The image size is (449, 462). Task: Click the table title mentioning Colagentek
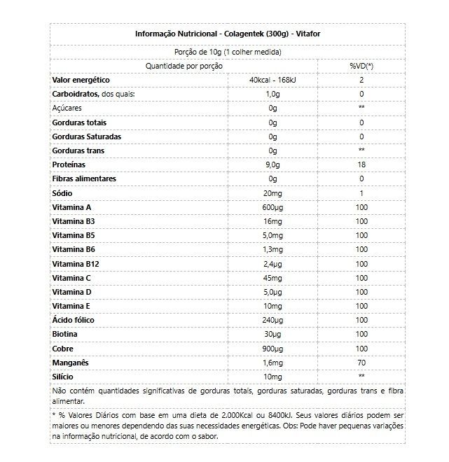tap(228, 34)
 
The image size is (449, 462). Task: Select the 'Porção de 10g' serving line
tap(228, 51)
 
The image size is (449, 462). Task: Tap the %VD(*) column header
tap(361, 65)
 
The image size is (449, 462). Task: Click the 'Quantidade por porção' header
tap(184, 65)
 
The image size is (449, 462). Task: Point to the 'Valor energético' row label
tap(81, 80)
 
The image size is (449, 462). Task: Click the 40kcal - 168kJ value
tap(273, 80)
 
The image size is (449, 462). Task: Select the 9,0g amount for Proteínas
tap(273, 164)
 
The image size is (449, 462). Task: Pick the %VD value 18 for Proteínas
tap(361, 164)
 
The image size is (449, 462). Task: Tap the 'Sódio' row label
tap(62, 193)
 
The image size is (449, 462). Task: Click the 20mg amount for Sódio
tap(273, 193)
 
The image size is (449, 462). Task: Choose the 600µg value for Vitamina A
tap(273, 207)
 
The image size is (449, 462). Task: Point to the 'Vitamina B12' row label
tap(74, 264)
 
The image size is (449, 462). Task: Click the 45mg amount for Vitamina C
tap(273, 278)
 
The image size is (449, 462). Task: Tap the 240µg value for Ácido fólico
tap(273, 320)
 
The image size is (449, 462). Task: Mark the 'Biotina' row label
tap(65, 334)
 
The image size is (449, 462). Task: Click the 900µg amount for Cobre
tap(273, 348)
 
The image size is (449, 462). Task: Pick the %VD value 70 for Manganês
tap(361, 363)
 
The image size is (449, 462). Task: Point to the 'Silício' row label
tap(63, 377)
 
